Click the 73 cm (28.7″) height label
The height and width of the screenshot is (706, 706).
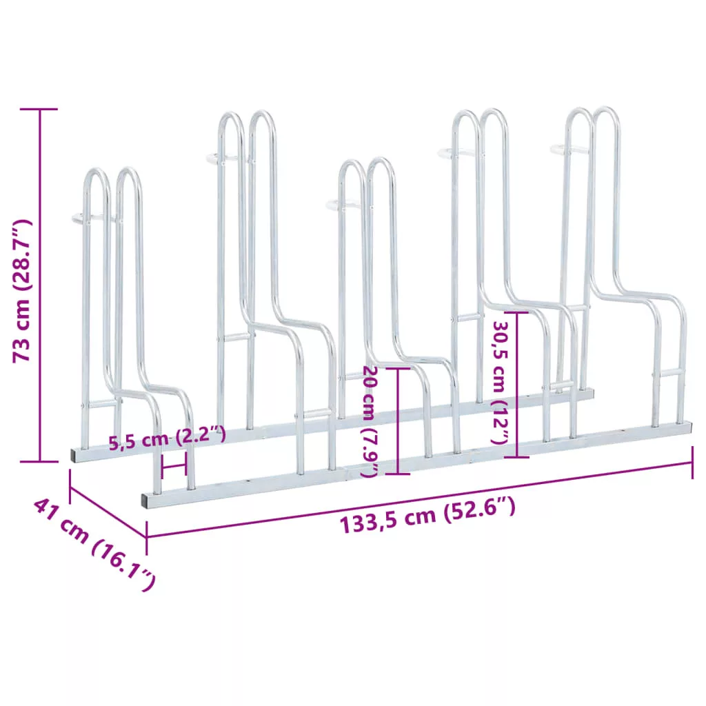click(21, 292)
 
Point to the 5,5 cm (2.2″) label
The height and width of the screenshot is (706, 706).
click(167, 438)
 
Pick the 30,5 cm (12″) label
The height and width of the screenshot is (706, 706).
click(501, 382)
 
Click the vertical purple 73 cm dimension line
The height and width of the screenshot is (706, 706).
click(39, 285)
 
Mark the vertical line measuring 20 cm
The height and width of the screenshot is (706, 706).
click(398, 421)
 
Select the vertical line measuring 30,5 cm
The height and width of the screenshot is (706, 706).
click(516, 385)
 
